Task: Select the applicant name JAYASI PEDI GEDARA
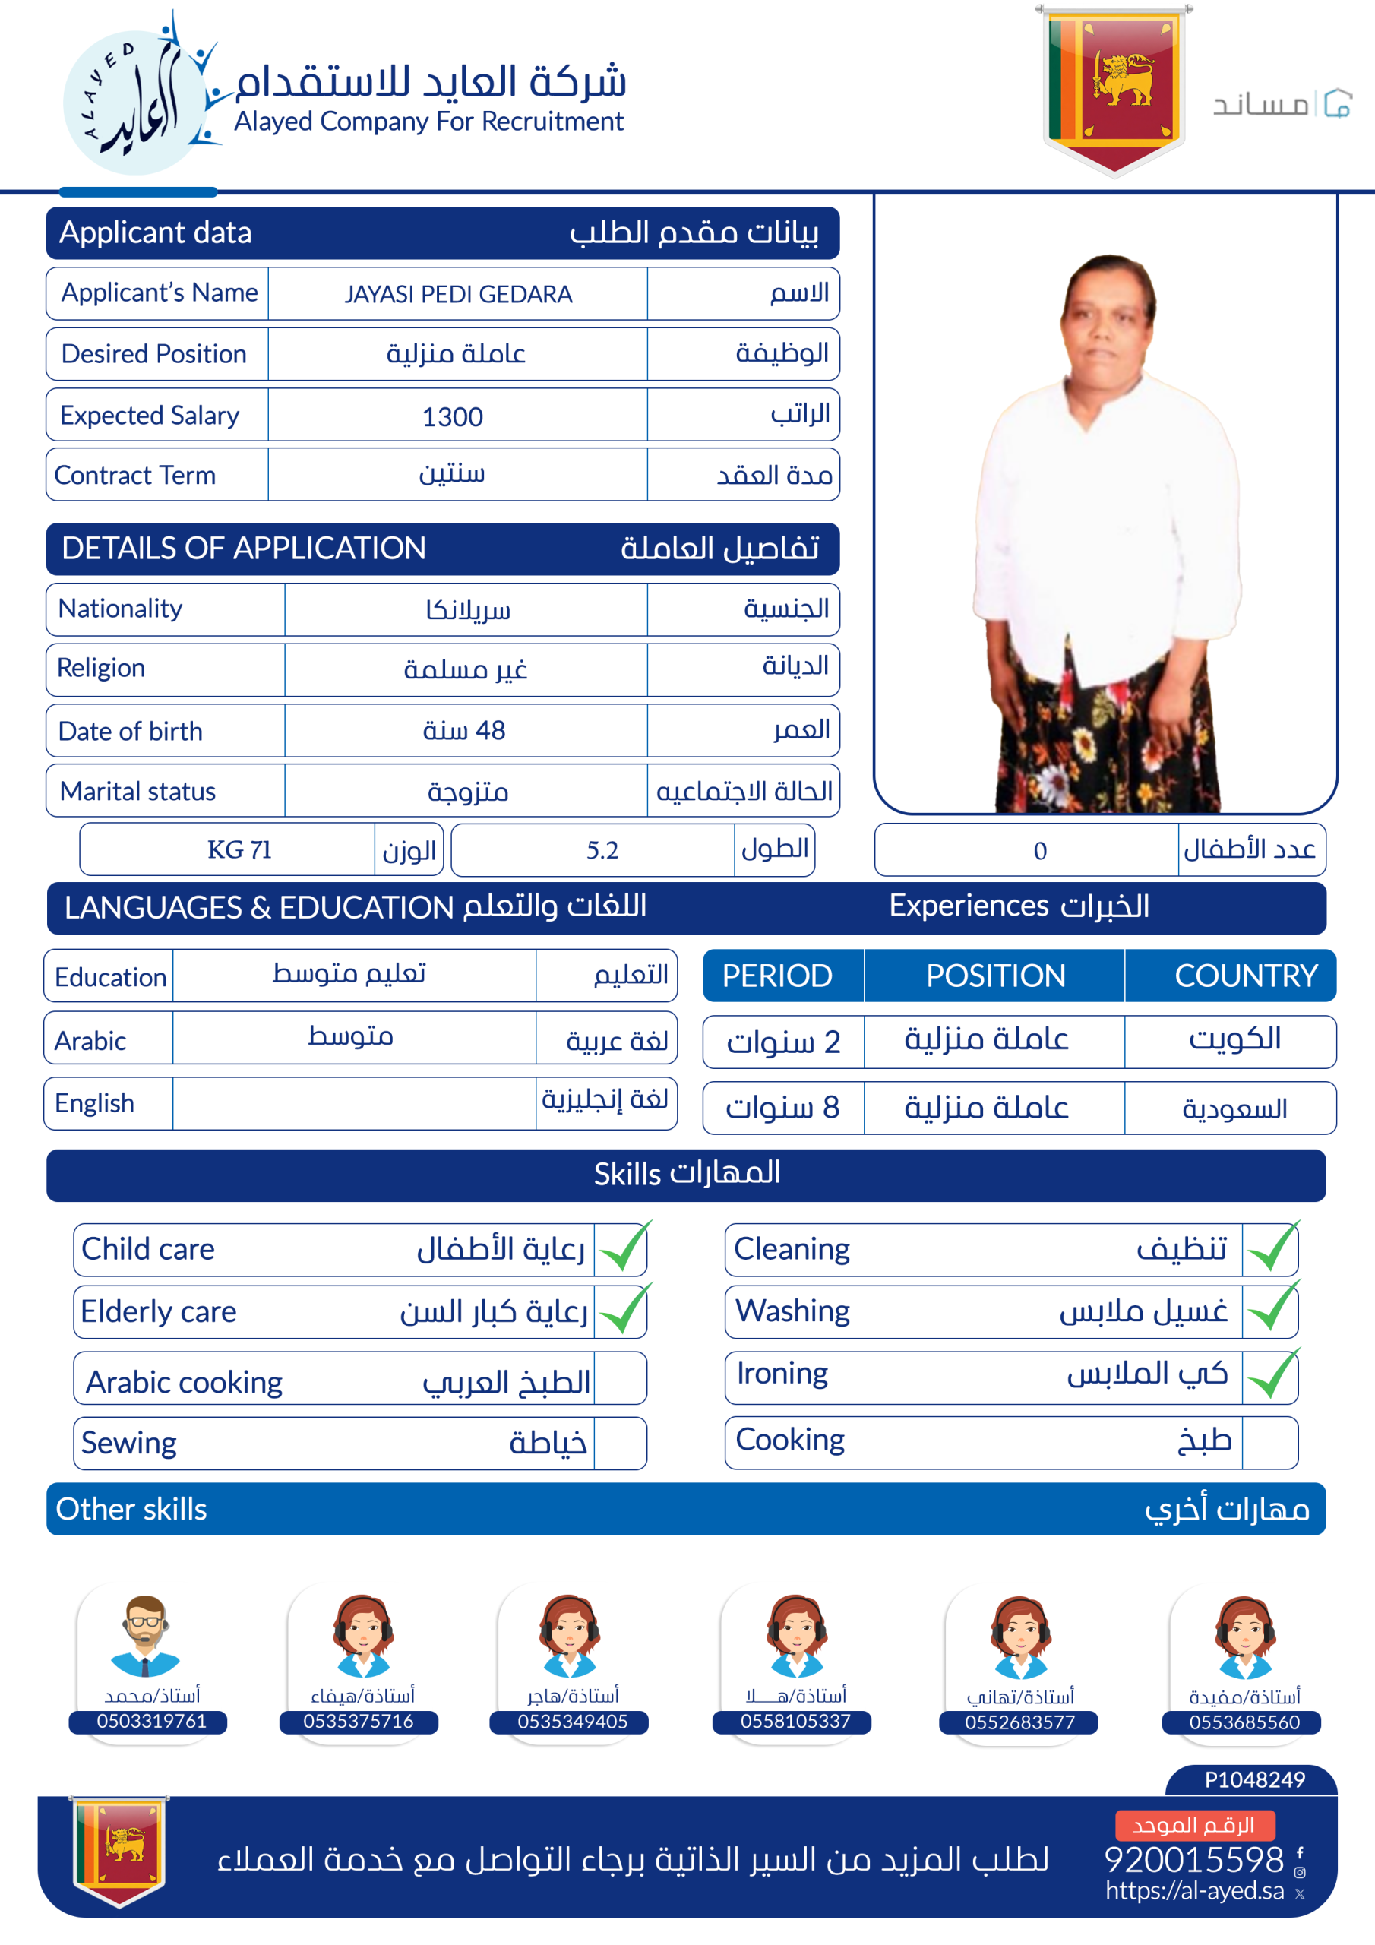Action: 457,294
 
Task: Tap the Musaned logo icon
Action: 1337,103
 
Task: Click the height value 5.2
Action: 602,849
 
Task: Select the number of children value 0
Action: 1039,850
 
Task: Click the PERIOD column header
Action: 777,976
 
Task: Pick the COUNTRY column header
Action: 1245,976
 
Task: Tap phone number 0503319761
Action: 151,1721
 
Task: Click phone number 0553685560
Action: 1244,1722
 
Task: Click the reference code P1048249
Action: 1254,1779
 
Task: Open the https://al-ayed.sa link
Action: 1193,1891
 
